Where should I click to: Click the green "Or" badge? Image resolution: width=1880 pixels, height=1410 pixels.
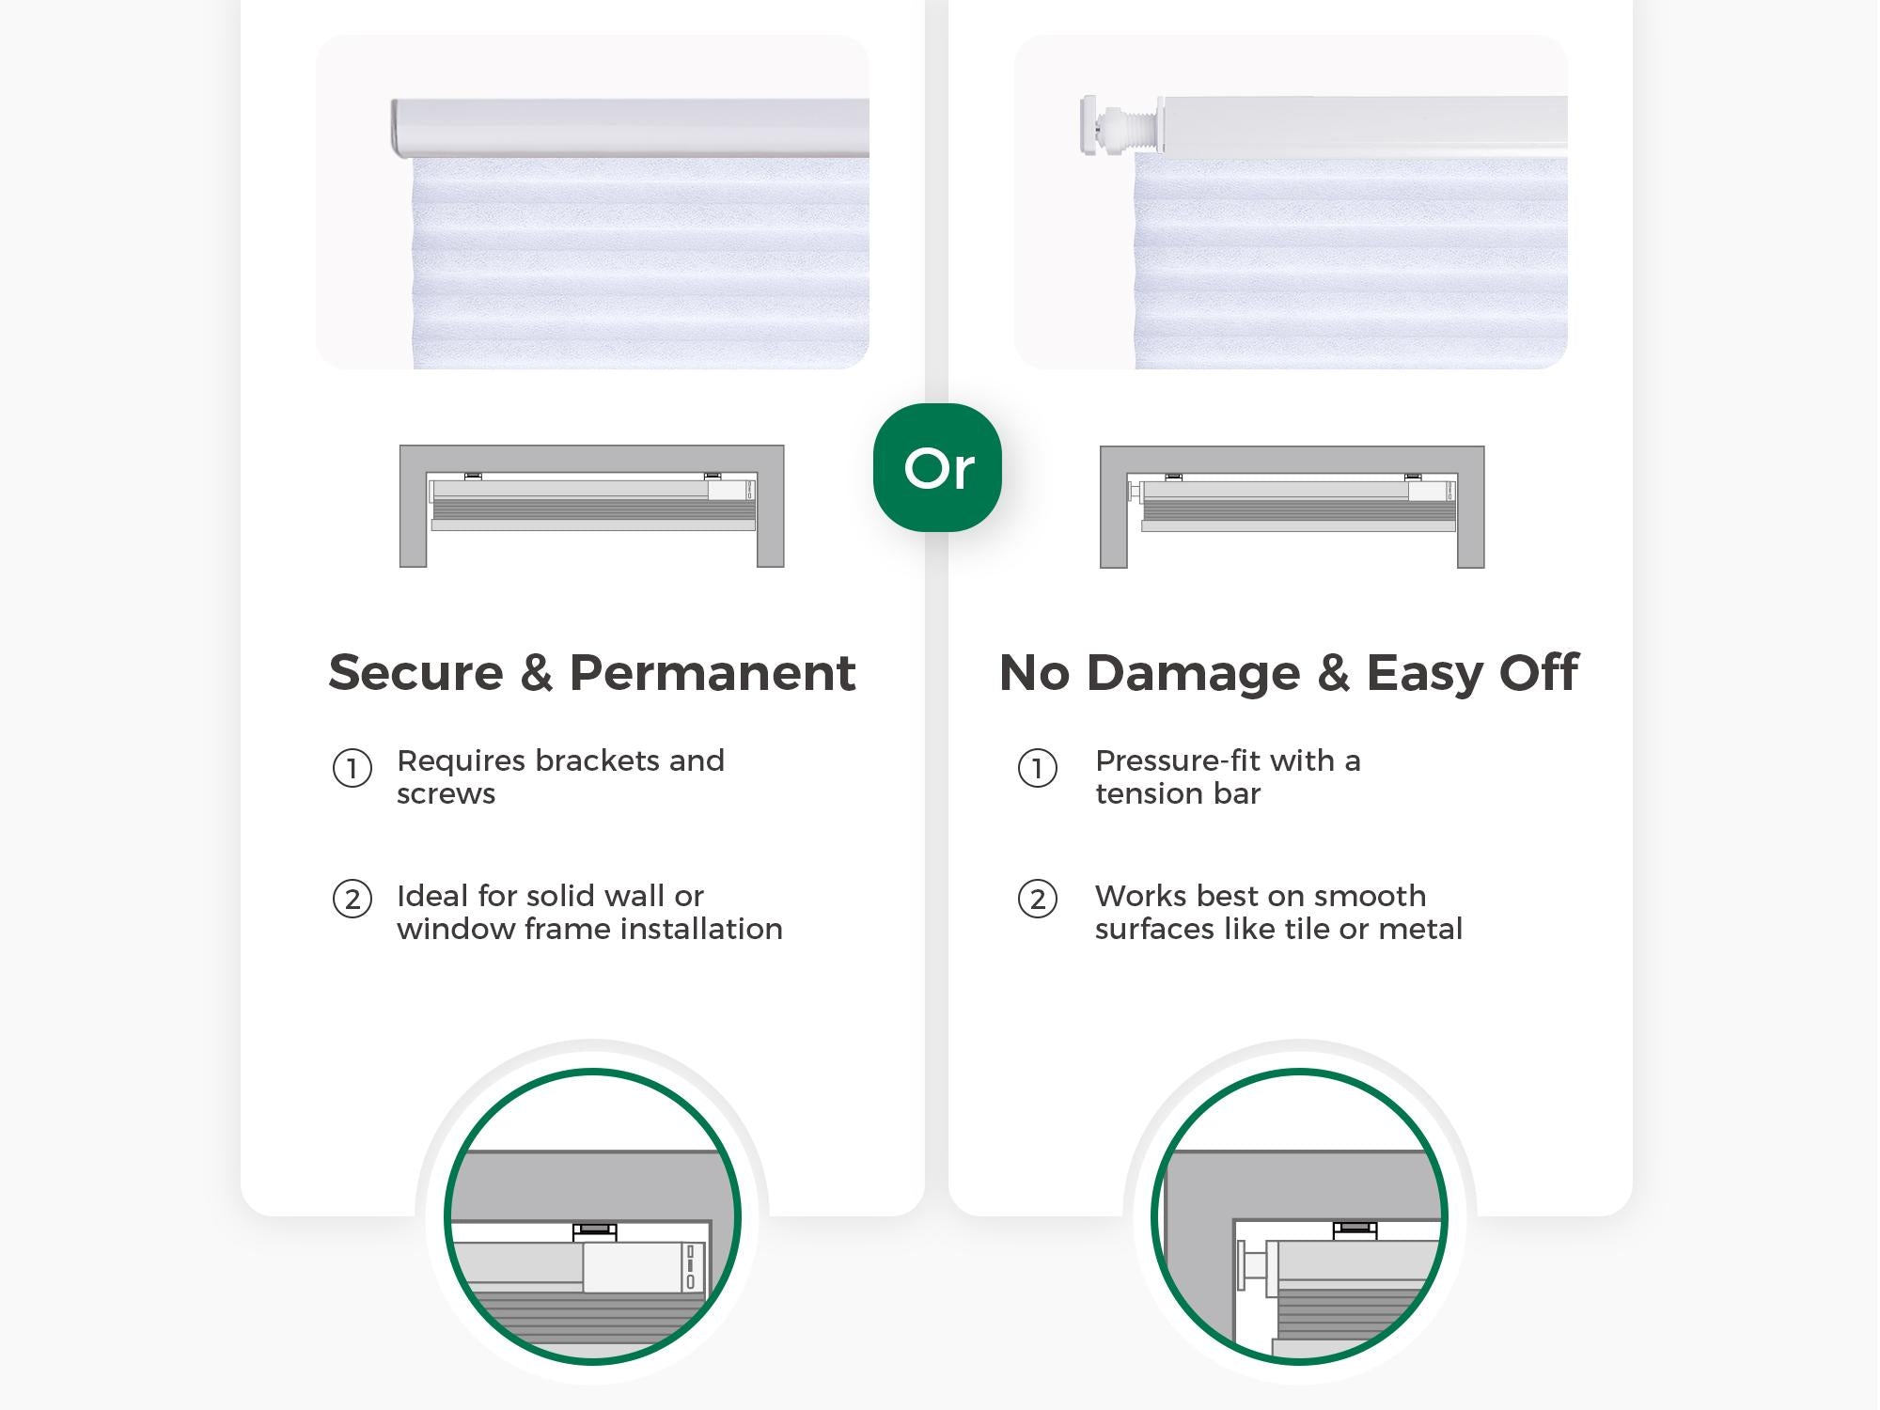point(937,467)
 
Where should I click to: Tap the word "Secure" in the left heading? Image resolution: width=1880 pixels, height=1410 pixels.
point(415,673)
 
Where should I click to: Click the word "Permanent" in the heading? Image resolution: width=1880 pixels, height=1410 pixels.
point(713,673)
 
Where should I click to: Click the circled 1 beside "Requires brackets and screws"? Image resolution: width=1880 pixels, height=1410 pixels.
point(352,768)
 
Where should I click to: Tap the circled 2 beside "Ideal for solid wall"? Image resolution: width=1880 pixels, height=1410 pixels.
point(352,899)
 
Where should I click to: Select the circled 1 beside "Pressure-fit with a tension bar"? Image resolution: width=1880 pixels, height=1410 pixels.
point(1038,768)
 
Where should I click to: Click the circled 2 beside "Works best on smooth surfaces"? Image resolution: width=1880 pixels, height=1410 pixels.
point(1038,899)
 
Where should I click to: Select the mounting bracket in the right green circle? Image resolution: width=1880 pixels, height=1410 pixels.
point(1355,1230)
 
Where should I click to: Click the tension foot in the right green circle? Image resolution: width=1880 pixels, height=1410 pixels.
point(1251,1264)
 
